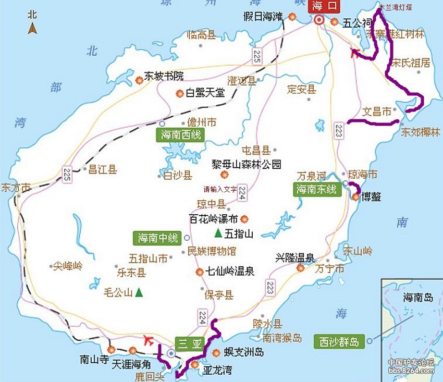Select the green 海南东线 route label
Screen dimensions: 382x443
317,189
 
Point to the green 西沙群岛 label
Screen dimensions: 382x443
339,342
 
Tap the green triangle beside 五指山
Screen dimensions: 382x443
217,231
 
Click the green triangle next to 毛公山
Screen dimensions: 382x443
139,292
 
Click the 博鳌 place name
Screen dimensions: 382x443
371,197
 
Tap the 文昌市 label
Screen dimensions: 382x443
376,112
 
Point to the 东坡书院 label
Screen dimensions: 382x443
164,76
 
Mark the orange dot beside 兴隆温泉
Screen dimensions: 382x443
300,268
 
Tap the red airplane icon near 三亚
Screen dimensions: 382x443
150,340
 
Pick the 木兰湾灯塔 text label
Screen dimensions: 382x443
395,7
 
